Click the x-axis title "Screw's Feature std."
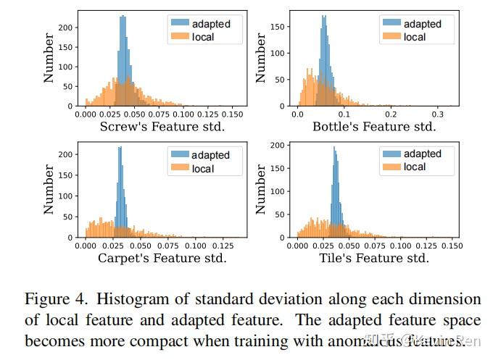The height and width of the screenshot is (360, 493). [x=162, y=127]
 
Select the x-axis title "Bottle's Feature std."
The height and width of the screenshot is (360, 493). [x=373, y=127]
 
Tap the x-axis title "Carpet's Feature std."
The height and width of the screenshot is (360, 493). [x=162, y=258]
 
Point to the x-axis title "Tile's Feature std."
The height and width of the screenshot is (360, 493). [x=373, y=258]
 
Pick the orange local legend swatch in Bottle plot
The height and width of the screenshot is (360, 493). [x=391, y=36]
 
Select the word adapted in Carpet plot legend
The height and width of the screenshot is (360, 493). [x=211, y=155]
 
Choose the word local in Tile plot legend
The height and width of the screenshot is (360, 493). [x=415, y=167]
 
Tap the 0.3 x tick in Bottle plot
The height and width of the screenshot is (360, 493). [x=437, y=114]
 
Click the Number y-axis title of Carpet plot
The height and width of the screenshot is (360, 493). [x=49, y=189]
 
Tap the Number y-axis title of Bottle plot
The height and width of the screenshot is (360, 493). [x=262, y=58]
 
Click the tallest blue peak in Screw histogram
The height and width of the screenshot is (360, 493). [x=123, y=17]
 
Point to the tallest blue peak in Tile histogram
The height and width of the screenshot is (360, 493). [x=334, y=148]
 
